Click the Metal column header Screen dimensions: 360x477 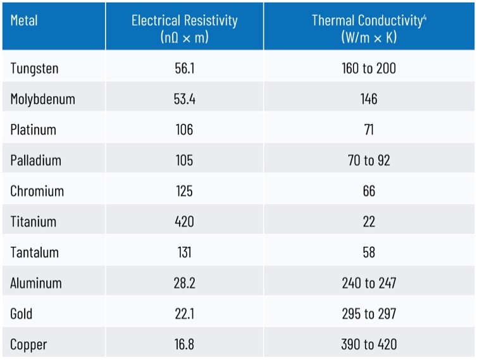click(x=24, y=20)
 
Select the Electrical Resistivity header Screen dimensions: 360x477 click(x=184, y=28)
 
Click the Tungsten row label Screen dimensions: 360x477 click(x=34, y=68)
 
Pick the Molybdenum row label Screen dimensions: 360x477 click(x=42, y=99)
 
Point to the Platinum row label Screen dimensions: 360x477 click(x=33, y=130)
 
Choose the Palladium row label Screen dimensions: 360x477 click(x=35, y=160)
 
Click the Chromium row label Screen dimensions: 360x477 click(x=37, y=191)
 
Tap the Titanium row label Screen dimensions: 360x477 click(x=33, y=221)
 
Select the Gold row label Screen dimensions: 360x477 click(x=21, y=314)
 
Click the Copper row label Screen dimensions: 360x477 click(x=28, y=345)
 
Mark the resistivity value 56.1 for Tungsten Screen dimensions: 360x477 click(x=184, y=68)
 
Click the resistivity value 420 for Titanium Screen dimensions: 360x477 click(x=184, y=221)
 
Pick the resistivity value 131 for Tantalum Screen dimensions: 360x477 click(x=184, y=252)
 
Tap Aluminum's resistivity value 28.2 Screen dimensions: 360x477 click(x=184, y=283)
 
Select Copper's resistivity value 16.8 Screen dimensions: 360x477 click(x=184, y=345)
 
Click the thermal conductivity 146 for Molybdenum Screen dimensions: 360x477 click(x=369, y=99)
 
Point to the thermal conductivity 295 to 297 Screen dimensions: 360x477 click(x=369, y=314)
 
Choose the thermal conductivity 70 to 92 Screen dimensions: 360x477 click(x=369, y=160)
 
